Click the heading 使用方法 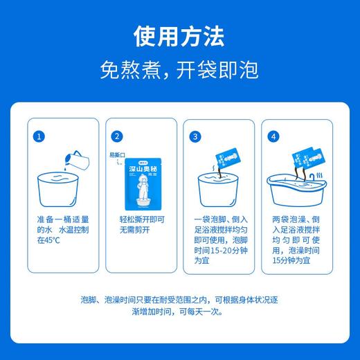[179, 35]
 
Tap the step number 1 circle [41, 136]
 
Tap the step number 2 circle [117, 136]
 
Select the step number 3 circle [195, 136]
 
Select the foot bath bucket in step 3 [217, 190]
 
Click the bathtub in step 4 [296, 190]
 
